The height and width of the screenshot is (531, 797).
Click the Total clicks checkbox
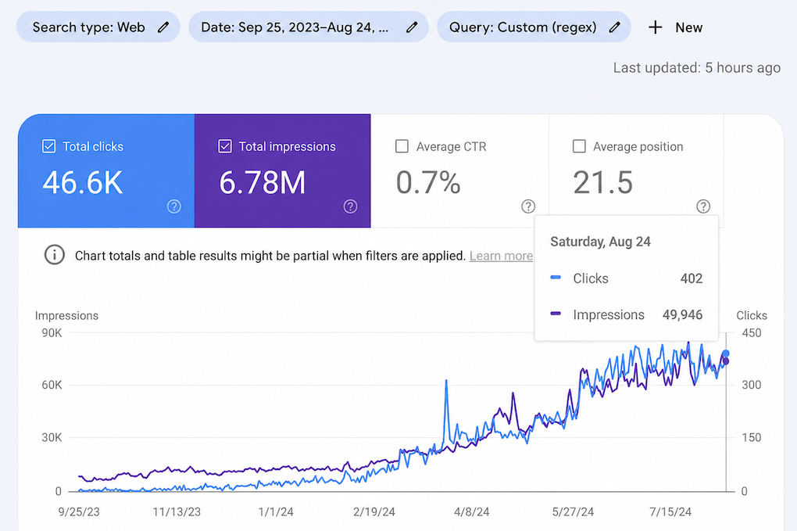[x=48, y=146]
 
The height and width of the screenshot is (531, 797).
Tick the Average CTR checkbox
[x=402, y=146]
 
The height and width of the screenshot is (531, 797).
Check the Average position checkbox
[x=579, y=146]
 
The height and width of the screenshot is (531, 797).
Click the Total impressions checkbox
[x=225, y=146]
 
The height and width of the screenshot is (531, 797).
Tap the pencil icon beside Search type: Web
[x=163, y=27]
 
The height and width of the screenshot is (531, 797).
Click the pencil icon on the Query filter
[x=614, y=27]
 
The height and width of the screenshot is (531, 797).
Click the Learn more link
[x=501, y=256]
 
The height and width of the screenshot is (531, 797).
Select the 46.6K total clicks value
[x=83, y=182]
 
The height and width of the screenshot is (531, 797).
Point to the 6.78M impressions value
[x=263, y=182]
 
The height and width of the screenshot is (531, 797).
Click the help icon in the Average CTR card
[x=528, y=206]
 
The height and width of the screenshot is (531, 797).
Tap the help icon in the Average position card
[x=703, y=206]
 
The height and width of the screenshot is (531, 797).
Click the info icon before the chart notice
[x=55, y=255]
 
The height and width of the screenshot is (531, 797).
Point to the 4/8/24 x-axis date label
[x=472, y=511]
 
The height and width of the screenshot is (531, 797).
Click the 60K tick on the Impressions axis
[x=52, y=385]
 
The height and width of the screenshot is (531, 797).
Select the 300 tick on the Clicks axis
[x=751, y=385]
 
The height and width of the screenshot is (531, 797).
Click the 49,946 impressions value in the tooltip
[x=683, y=315]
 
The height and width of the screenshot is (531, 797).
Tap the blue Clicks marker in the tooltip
[x=556, y=278]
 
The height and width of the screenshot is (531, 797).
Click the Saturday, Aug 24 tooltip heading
[x=600, y=242]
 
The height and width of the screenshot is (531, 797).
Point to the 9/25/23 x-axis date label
[x=79, y=511]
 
